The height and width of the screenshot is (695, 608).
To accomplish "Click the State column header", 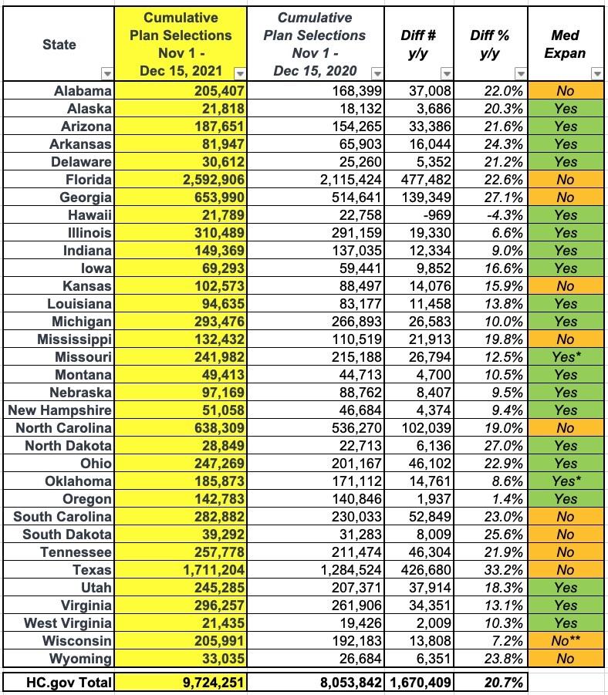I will pos(59,44).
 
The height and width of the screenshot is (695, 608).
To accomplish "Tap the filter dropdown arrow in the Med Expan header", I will pos(596,73).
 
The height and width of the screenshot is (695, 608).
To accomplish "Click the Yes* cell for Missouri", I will pos(566,357).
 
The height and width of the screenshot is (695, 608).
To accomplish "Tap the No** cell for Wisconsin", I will pos(566,641).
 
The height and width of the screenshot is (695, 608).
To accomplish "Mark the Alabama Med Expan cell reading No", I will pos(566,91).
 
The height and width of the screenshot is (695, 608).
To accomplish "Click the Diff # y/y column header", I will pos(420,44).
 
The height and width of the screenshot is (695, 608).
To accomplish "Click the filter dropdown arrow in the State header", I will pos(107,73).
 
